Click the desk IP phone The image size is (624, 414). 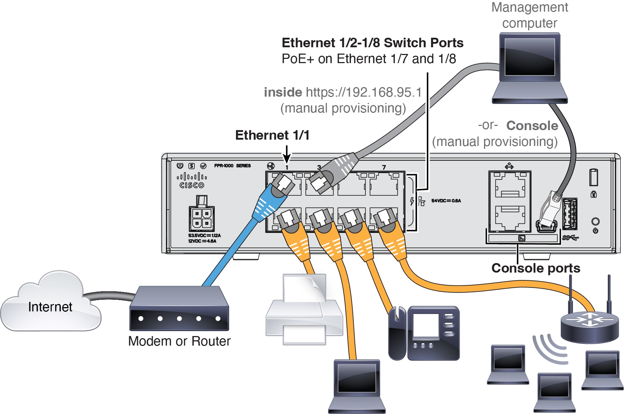coord(425,333)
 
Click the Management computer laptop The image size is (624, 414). coord(530,67)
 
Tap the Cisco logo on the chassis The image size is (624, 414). coord(192,180)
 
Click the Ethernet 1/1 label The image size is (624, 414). coord(272,135)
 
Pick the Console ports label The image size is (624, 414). coord(535,268)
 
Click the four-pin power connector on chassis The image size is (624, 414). coord(201,218)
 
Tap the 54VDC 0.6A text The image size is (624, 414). coord(446,201)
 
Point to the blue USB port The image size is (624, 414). coord(570,214)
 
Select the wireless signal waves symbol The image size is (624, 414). coord(550,349)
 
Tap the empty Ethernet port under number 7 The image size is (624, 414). coord(384,184)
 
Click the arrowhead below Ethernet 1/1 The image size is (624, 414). coord(287,160)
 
